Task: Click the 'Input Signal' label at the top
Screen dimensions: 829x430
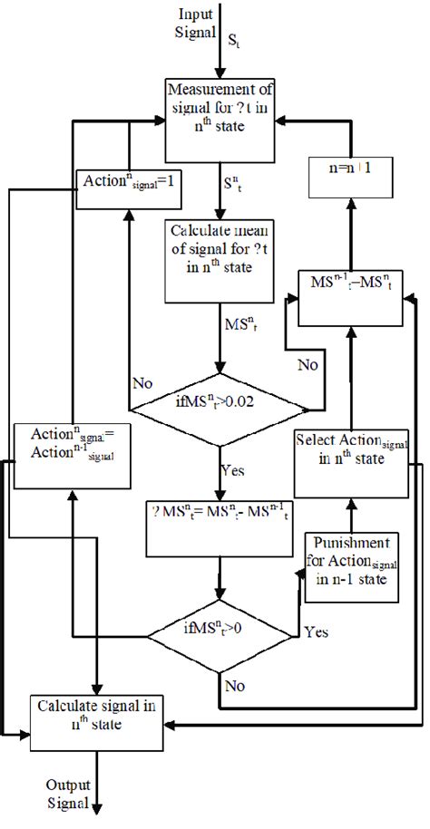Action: (x=196, y=22)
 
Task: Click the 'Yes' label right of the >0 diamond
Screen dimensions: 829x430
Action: (x=317, y=631)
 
